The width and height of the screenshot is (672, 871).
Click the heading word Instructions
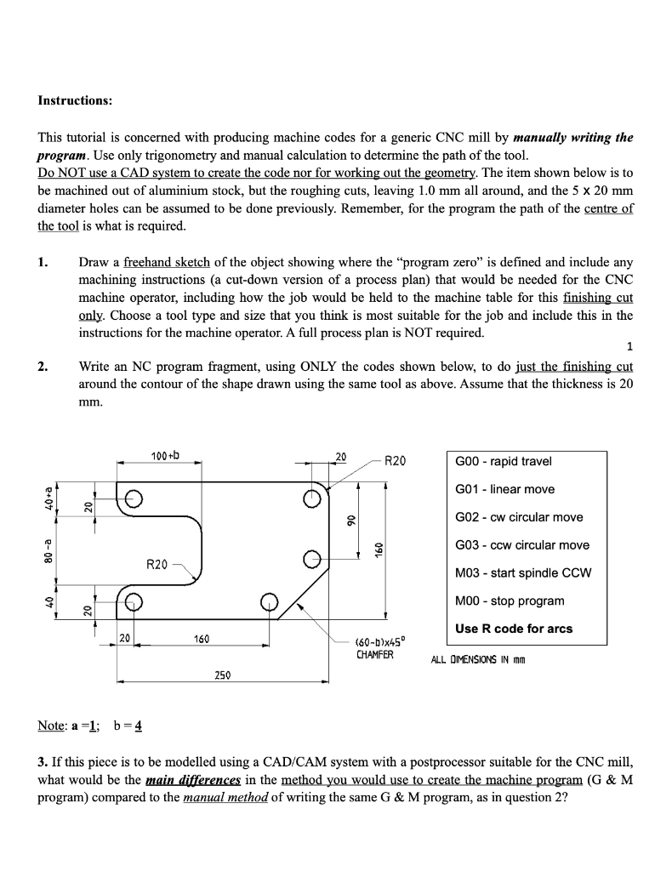coord(75,100)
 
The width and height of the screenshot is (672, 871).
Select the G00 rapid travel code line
coord(504,461)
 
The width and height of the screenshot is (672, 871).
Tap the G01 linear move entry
coord(504,489)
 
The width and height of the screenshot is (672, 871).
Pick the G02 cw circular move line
coord(519,517)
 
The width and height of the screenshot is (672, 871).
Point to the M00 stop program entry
coord(510,601)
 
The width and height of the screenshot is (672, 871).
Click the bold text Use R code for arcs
coord(514,629)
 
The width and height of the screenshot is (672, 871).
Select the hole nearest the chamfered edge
coord(269,601)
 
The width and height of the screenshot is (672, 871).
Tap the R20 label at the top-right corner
coord(396,462)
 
